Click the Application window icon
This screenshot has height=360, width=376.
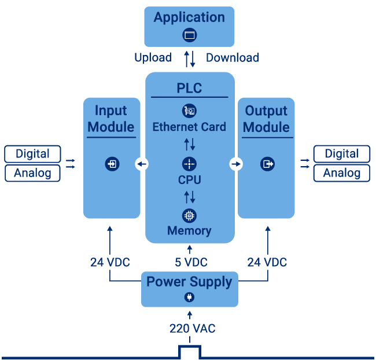pos(189,35)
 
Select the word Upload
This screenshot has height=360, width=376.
pos(153,57)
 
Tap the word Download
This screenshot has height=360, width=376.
pos(232,57)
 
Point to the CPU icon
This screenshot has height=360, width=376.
pos(189,164)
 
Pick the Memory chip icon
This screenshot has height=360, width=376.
pos(189,215)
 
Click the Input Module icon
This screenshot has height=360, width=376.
pos(112,164)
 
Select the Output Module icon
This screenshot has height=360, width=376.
pos(267,164)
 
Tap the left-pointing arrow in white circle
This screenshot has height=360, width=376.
pos(142,164)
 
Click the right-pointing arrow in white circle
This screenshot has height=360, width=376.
pos(236,164)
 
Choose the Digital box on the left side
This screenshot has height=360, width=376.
pos(32,154)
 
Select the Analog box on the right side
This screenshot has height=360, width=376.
pos(341,173)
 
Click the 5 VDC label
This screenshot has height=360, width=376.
pos(191,263)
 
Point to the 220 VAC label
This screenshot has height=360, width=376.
pos(192,328)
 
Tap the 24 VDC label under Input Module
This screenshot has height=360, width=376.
pos(110,263)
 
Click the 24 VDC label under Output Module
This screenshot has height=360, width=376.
pos(267,263)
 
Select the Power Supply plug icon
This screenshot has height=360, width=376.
pos(189,297)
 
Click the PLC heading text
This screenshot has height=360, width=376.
pos(189,88)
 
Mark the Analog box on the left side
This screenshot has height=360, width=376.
pos(32,173)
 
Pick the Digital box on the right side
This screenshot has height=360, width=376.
pos(341,154)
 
